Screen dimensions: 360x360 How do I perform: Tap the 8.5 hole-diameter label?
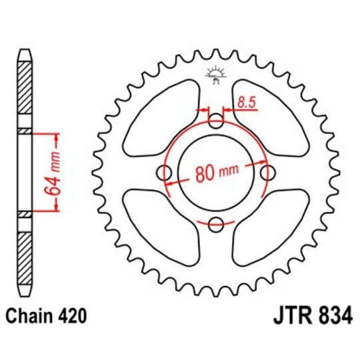(x=245, y=101)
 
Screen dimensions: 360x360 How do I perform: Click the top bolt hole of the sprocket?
(x=216, y=122)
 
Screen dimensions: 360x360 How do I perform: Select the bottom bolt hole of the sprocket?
(x=216, y=224)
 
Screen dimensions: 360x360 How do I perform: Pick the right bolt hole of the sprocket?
(x=267, y=173)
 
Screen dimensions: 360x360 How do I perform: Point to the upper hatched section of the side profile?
(x=24, y=94)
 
